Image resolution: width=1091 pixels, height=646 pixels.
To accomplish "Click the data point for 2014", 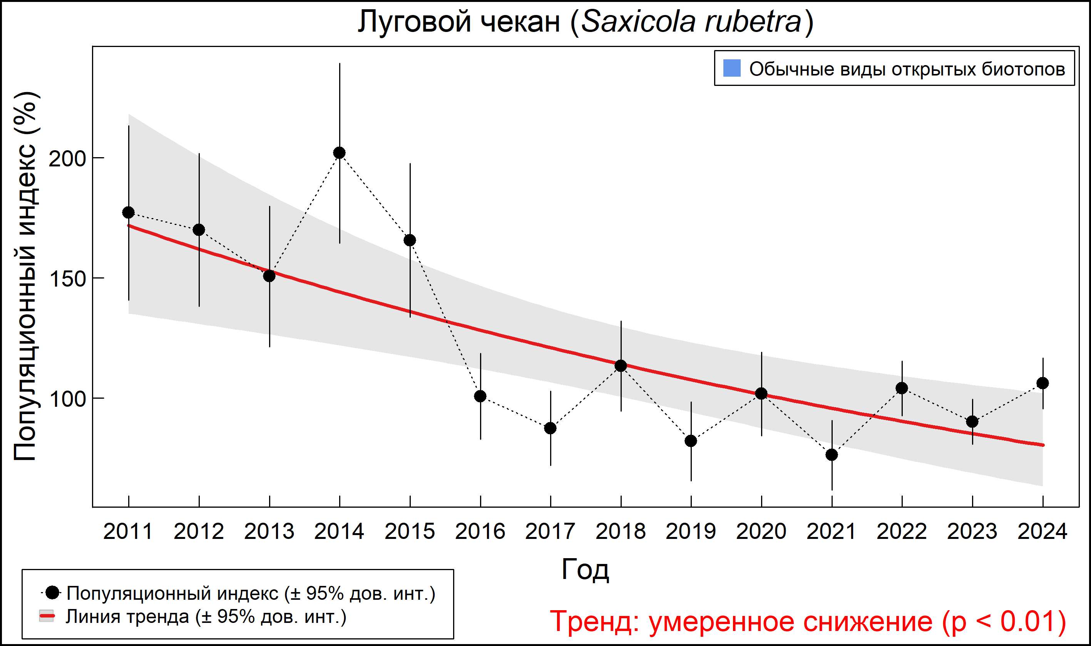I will coord(339,153).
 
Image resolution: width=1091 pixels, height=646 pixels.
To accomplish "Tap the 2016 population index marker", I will coord(480,396).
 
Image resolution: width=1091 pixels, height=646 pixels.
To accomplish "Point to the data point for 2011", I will coord(128,212).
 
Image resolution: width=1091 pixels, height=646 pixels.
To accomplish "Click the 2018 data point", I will coord(621,366).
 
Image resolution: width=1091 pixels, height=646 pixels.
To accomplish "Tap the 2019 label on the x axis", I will coord(691,532).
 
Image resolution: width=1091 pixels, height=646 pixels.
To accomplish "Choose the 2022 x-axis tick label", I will coord(902,532).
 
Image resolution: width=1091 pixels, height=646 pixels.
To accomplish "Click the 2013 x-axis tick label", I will coord(269,532).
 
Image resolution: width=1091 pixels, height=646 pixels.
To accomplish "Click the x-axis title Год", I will coord(585,570).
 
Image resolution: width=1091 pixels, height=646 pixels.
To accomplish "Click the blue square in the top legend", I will coord(732,68).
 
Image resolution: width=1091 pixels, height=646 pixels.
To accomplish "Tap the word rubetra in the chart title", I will coord(753,22).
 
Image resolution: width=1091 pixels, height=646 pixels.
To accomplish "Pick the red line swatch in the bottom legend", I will coord(47,616).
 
